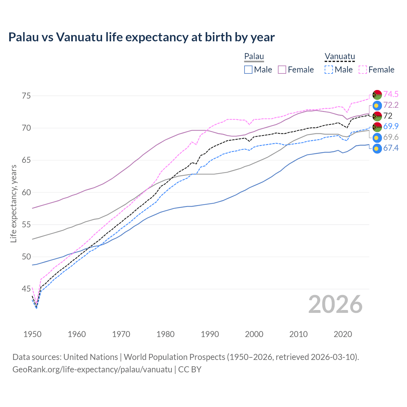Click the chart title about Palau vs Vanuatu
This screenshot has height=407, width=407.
click(x=141, y=37)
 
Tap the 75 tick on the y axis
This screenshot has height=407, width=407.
click(x=26, y=96)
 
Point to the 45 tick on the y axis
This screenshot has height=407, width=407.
click(x=26, y=289)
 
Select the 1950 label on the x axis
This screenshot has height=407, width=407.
click(x=32, y=334)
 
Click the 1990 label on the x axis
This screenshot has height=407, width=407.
click(x=210, y=334)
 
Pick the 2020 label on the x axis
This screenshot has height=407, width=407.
click(x=343, y=334)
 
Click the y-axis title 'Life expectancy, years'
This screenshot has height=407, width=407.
click(x=14, y=203)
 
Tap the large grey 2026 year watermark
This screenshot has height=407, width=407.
click(x=335, y=304)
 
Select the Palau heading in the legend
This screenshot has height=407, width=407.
click(x=254, y=56)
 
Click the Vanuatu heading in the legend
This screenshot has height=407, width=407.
click(x=340, y=56)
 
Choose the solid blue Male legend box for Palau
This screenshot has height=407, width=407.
click(x=248, y=70)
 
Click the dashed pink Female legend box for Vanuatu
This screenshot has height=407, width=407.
click(x=363, y=70)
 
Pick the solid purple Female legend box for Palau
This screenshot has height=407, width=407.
click(x=282, y=70)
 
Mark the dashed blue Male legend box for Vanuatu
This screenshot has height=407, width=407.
click(x=329, y=70)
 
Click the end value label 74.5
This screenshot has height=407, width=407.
click(x=391, y=94)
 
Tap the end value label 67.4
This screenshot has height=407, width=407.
click(x=391, y=148)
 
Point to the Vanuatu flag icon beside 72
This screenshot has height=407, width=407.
click(x=377, y=116)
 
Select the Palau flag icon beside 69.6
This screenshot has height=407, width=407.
click(x=377, y=138)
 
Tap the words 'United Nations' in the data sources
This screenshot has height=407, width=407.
click(x=91, y=357)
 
